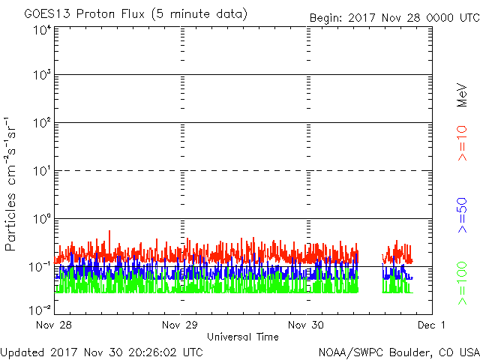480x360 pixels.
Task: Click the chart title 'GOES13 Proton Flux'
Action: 85,14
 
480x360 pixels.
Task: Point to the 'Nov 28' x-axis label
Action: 54,325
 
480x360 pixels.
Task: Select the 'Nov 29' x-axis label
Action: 180,325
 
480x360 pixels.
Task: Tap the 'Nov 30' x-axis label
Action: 306,325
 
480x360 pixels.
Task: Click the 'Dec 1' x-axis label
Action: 432,325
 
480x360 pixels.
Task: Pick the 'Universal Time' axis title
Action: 243,337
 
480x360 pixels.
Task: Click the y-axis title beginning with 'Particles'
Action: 10,184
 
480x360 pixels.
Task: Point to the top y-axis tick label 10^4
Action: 42,30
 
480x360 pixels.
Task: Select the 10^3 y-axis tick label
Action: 42,75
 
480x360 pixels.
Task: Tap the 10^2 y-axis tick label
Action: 42,123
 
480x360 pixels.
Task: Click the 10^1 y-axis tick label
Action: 42,171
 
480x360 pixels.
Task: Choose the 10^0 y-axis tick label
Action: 42,219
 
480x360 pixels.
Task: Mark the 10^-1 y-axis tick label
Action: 40,267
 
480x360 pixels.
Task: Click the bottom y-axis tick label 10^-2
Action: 40,310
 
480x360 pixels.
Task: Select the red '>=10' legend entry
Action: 462,143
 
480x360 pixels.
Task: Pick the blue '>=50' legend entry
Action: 462,215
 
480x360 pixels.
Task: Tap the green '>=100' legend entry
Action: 462,283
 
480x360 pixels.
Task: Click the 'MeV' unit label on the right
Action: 462,95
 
